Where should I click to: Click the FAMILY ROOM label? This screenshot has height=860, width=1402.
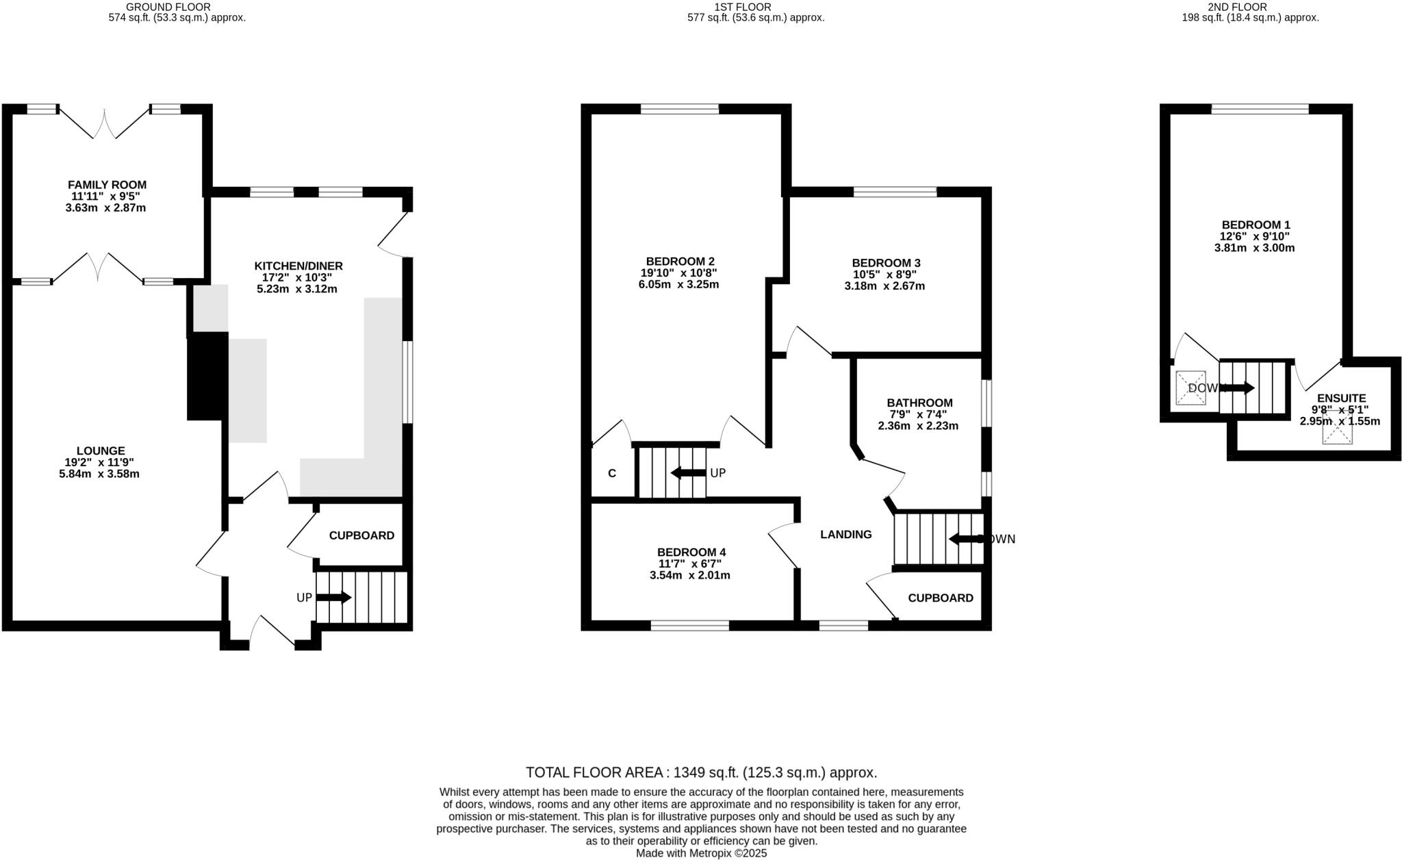[x=107, y=185]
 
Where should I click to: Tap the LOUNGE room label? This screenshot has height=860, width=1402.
[x=101, y=451]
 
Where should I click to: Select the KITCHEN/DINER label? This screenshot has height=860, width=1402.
[x=298, y=266]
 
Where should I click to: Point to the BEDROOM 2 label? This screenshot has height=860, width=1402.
[x=680, y=261]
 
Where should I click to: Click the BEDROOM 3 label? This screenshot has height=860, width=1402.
[x=886, y=263]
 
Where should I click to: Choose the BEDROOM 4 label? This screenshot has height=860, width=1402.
[x=691, y=552]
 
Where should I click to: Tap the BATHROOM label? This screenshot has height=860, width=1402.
[x=919, y=403]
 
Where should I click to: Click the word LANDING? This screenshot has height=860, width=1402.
[x=846, y=535]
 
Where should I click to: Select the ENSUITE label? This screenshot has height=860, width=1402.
[x=1341, y=398]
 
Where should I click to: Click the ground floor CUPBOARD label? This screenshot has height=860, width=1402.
[x=361, y=535]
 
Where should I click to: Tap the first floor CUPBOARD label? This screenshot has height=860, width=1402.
[x=941, y=598]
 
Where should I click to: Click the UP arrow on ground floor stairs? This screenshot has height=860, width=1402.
[x=333, y=598]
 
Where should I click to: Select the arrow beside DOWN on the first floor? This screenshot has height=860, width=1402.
[x=966, y=539]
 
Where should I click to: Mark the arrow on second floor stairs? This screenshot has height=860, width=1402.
[x=1238, y=388]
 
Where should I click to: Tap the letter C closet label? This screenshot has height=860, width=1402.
[x=612, y=473]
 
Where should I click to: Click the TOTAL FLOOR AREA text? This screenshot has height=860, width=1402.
[x=701, y=772]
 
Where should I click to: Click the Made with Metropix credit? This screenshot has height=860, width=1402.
[x=701, y=853]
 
